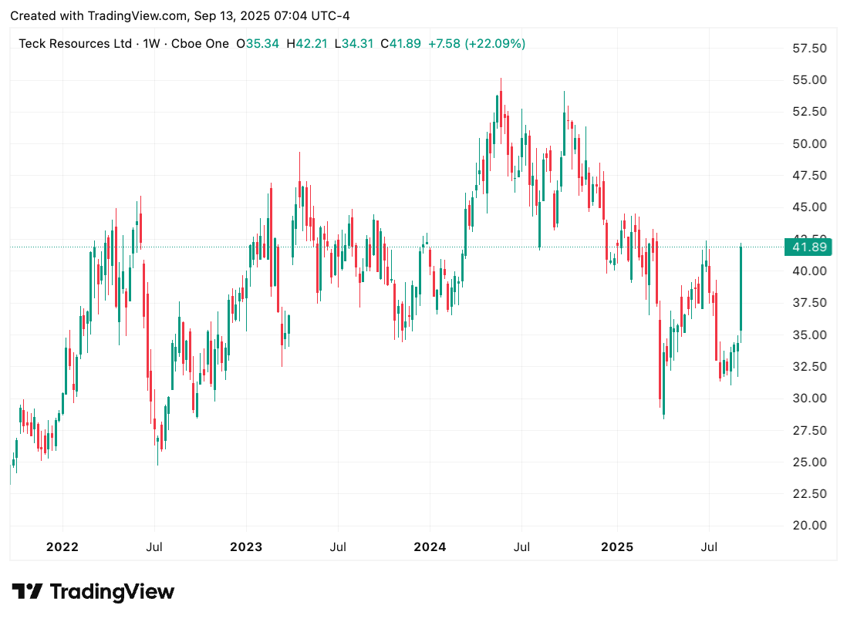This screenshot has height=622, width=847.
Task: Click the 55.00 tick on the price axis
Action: [809, 80]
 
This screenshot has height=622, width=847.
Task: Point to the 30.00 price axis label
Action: [809, 398]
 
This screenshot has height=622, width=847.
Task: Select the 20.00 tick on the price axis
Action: [809, 526]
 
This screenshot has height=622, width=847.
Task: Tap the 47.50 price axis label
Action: [809, 176]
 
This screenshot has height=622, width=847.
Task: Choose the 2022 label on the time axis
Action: [62, 547]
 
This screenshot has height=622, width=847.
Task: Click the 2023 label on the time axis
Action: [246, 547]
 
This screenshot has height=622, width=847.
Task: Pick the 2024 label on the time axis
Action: [430, 547]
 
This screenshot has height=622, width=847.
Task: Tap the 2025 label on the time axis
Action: [616, 547]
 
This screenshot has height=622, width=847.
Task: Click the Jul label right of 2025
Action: [709, 547]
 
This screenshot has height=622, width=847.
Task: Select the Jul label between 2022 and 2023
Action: [154, 547]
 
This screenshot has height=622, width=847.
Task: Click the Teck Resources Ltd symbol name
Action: [75, 44]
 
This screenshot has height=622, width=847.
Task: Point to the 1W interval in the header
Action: [152, 44]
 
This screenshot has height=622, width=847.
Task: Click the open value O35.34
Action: [258, 44]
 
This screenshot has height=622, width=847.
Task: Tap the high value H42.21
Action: [306, 44]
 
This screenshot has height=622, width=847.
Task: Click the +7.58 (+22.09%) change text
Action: [477, 44]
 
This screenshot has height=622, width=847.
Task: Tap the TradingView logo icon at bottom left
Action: [27, 592]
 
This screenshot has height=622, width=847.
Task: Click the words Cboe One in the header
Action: [200, 44]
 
